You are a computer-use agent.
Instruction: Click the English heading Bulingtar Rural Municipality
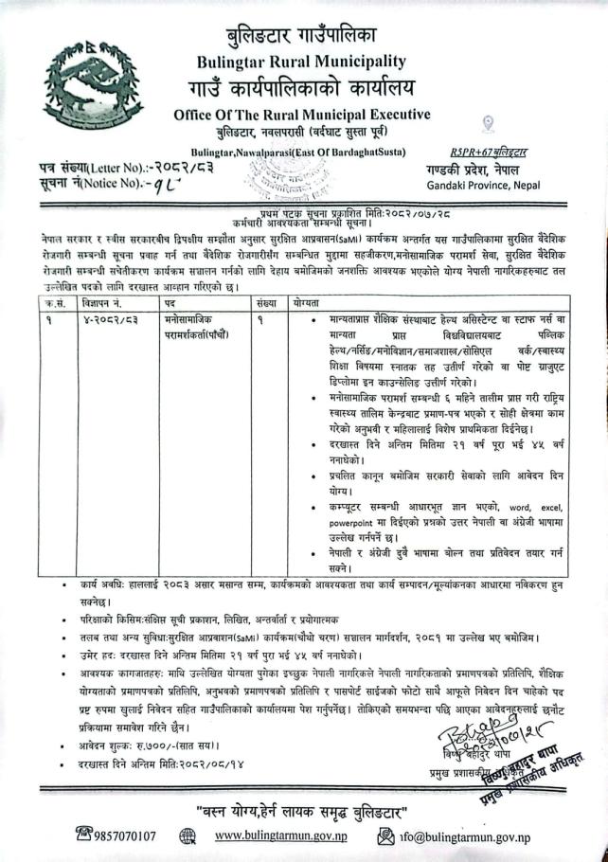tap(302, 61)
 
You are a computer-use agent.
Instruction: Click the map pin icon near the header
tap(488, 123)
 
